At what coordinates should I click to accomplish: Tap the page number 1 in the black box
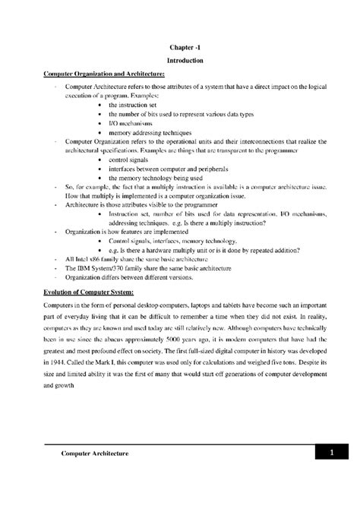click(332, 453)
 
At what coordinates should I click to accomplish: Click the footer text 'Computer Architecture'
click(94, 453)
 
